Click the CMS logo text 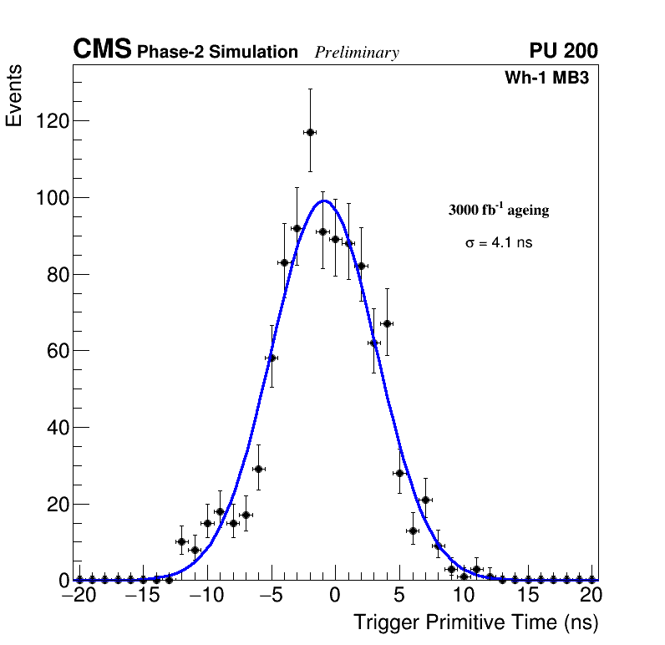(102, 50)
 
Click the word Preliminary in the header (357, 53)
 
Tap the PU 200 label (563, 51)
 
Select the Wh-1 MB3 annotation (547, 79)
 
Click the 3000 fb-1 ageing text (499, 211)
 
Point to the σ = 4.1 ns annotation (499, 243)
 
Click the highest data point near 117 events (310, 132)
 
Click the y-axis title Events (14, 95)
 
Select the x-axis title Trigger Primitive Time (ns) (475, 622)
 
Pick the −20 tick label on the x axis (80, 596)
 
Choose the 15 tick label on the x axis (527, 596)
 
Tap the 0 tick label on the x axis (335, 596)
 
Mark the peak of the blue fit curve (324, 201)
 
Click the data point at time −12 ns (181, 541)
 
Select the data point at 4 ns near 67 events (387, 323)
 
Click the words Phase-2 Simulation (217, 53)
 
